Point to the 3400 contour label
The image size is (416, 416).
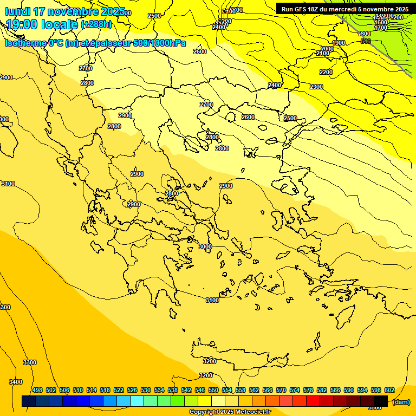pyautogui.click(x=16, y=382)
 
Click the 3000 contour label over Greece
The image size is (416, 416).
pyautogui.click(x=205, y=246)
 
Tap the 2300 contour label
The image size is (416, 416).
pyautogui.click(x=316, y=87)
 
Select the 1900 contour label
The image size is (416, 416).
pyautogui.click(x=339, y=43)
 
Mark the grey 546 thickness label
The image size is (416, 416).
pyautogui.click(x=365, y=41)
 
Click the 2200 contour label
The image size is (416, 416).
pyautogui.click(x=326, y=72)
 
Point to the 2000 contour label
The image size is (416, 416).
pyautogui.click(x=327, y=49)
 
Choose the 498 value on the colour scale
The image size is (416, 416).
pyautogui.click(x=37, y=390)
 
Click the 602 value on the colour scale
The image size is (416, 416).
pyautogui.click(x=389, y=390)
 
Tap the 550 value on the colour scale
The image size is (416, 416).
pyautogui.click(x=213, y=390)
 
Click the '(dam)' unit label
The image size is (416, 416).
pyautogui.click(x=401, y=402)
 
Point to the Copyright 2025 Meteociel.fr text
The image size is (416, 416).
pyautogui.click(x=234, y=412)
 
